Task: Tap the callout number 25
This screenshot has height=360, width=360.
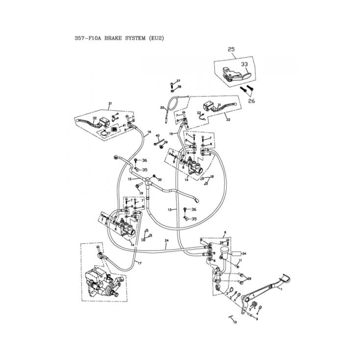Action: (231, 50)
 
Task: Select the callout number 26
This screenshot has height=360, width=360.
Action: (251, 101)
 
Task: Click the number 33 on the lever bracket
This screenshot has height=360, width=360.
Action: (244, 64)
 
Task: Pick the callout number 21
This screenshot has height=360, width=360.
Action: (110, 103)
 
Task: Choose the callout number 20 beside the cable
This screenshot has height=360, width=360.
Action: (162, 107)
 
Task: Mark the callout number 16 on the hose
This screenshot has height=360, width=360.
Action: (149, 132)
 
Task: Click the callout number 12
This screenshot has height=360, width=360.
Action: (129, 180)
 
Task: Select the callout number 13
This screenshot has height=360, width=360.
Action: (169, 209)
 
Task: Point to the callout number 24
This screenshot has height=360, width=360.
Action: (166, 241)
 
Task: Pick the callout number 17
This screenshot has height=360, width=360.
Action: (139, 263)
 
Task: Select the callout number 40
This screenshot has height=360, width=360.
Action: (157, 135)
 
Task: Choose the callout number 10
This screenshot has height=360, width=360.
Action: (234, 322)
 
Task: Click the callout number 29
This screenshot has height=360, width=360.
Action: (249, 279)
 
